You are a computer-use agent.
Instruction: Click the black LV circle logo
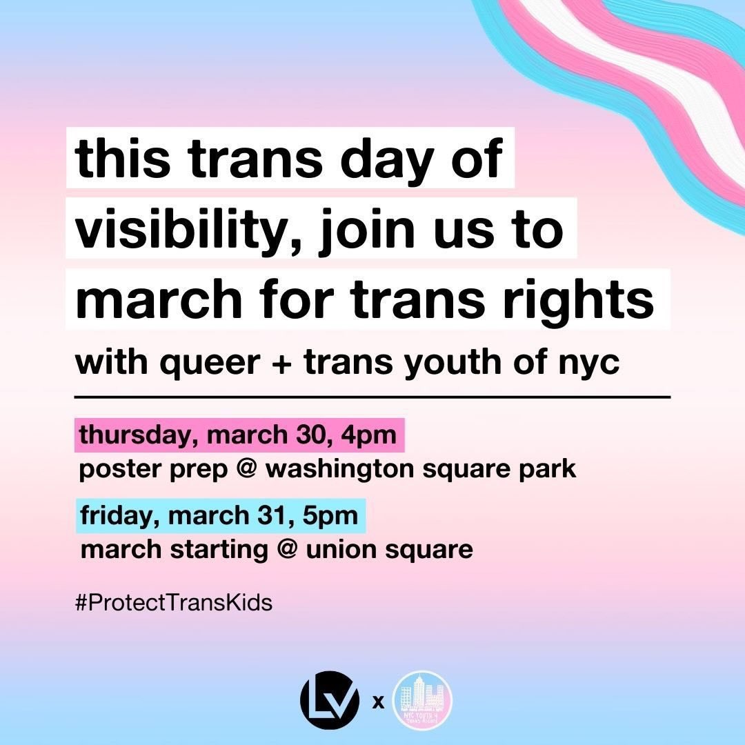point(330,702)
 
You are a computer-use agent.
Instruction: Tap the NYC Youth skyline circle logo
point(421,702)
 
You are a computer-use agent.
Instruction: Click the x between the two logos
point(377,704)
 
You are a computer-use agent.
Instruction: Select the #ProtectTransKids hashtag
point(175,603)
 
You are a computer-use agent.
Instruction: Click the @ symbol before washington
point(251,470)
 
